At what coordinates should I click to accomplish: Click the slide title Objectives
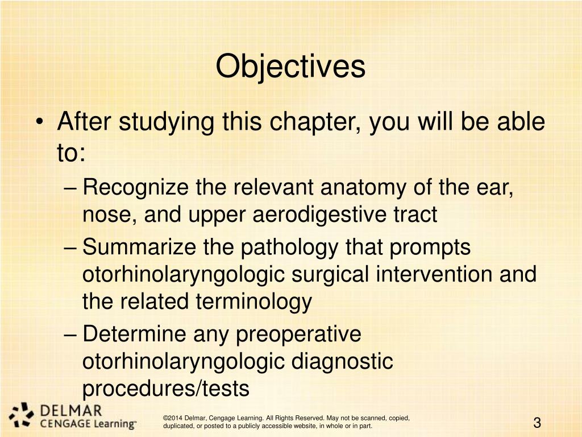pyautogui.click(x=290, y=67)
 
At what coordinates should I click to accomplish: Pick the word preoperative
pyautogui.click(x=298, y=334)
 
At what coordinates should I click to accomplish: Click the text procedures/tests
pyautogui.click(x=166, y=388)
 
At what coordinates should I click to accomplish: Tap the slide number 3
pyautogui.click(x=537, y=423)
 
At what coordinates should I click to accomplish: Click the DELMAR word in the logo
pyautogui.click(x=70, y=410)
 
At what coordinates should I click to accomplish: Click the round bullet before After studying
pyautogui.click(x=38, y=122)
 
